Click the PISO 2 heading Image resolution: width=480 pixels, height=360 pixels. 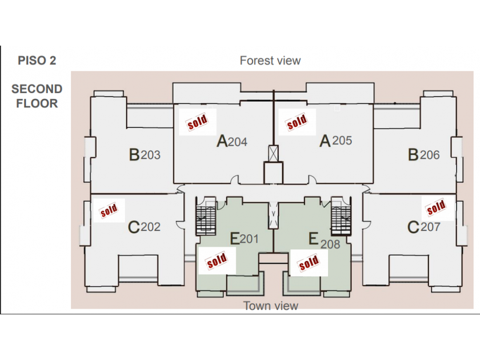[x=37, y=61]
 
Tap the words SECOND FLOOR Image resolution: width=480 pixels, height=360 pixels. [x=37, y=96]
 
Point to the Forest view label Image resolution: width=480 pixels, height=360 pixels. [x=270, y=61]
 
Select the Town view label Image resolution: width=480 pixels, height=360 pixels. [x=271, y=306]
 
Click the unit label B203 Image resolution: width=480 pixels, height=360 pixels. [x=145, y=154]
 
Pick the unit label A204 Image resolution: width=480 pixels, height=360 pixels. [x=232, y=141]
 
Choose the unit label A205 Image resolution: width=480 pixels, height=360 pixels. [x=335, y=141]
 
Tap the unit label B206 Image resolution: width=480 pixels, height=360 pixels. [x=423, y=155]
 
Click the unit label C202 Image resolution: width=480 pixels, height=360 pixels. [x=144, y=227]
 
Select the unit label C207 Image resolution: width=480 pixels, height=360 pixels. [x=423, y=227]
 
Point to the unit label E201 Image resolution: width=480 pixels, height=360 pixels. [x=244, y=239]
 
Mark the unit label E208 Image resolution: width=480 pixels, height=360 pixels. [x=324, y=241]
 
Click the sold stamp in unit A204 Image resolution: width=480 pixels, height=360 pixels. [x=198, y=122]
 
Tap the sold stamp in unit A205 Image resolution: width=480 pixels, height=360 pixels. [x=297, y=122]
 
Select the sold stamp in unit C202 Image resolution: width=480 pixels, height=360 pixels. [x=109, y=210]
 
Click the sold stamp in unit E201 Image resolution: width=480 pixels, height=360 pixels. [x=217, y=261]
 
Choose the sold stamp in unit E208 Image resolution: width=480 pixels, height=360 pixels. [x=309, y=263]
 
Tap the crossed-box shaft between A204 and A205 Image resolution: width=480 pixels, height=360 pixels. [x=273, y=153]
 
